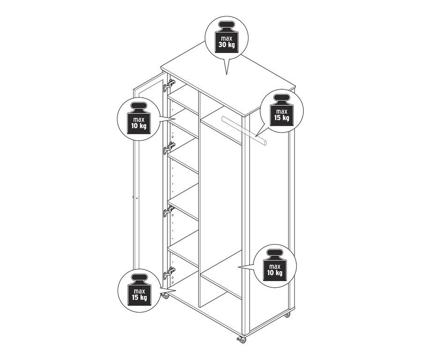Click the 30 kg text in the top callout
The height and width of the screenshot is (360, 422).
click(x=226, y=45)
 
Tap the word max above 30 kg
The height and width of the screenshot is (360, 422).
click(x=226, y=38)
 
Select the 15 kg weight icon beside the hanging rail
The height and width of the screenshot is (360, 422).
click(x=282, y=110)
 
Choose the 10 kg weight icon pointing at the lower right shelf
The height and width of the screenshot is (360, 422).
click(x=275, y=266)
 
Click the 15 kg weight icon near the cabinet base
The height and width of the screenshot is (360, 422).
click(x=139, y=290)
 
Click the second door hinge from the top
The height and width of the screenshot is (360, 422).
click(x=169, y=148)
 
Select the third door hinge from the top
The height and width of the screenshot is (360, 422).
click(x=168, y=211)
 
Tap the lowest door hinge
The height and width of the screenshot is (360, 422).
click(x=169, y=273)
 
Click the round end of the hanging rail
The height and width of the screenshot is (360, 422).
click(x=265, y=143)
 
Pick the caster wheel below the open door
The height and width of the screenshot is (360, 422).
click(x=165, y=296)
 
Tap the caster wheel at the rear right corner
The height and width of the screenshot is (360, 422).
click(x=287, y=314)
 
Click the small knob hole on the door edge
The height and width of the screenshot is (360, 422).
click(x=137, y=199)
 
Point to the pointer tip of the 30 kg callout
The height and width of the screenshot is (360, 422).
click(x=226, y=75)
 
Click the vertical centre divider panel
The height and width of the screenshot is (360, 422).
click(x=199, y=199)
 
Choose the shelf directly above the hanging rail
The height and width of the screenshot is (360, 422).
click(x=221, y=125)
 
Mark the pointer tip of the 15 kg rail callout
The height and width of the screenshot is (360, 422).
click(x=256, y=136)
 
